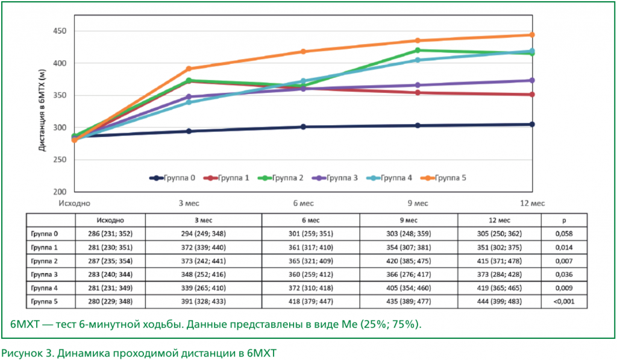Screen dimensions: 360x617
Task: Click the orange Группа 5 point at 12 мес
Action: click(x=531, y=35)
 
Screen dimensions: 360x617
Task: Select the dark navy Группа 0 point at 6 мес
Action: click(x=303, y=127)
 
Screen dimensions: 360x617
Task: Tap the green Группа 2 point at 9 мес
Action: click(x=418, y=50)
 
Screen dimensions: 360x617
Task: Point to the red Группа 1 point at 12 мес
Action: click(x=531, y=95)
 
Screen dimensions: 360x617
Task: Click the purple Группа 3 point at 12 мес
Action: click(x=531, y=80)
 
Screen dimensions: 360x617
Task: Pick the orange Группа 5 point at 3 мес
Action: click(x=189, y=69)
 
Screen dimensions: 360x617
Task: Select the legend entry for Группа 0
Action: click(x=172, y=178)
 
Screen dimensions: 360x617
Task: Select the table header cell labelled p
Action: click(x=564, y=220)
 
